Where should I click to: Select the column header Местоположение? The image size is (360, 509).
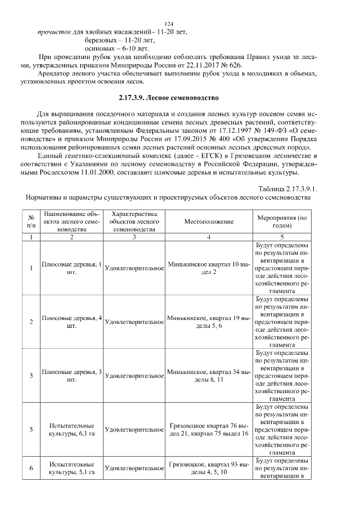[208, 222]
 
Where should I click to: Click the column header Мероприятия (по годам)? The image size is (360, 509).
[281, 222]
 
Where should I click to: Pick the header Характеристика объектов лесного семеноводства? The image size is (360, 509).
[134, 222]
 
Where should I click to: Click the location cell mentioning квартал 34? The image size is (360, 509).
[208, 376]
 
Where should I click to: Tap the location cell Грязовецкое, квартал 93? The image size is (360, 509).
[208, 468]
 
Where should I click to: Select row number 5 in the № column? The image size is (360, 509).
[31, 430]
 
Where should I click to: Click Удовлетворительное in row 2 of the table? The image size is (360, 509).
[134, 322]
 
